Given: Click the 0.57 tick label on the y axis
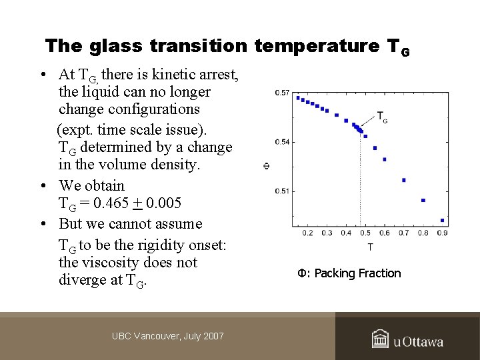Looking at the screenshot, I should coord(282,93).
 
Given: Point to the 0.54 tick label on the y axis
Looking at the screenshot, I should coord(282,142).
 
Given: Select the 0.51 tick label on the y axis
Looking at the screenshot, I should coord(282,191).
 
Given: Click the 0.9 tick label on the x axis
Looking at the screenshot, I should coord(441,233).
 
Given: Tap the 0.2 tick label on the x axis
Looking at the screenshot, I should coord(307,233).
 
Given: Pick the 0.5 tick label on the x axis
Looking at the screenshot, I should coord(365,233).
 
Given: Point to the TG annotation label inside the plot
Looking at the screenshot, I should coord(383,117).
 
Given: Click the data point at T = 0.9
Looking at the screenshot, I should coord(442,221).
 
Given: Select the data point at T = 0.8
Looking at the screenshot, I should coord(423,201).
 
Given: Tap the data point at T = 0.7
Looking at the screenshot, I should coord(404,180).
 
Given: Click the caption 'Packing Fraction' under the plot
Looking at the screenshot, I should coord(358,273).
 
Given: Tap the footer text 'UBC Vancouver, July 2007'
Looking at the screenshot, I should coord(168,336).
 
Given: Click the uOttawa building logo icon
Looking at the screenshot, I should coord(381,339).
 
